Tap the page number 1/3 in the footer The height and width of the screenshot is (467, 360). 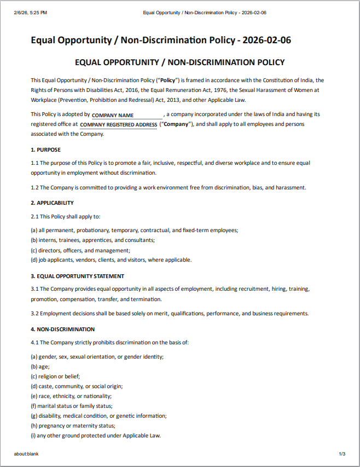[342, 454]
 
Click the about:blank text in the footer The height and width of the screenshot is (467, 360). [26, 454]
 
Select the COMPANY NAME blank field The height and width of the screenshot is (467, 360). [127, 115]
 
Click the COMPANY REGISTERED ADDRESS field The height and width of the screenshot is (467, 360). [118, 125]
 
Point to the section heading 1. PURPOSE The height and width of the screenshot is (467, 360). [45, 149]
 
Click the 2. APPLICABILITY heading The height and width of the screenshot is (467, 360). [52, 203]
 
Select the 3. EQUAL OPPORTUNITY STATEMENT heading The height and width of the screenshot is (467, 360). [77, 276]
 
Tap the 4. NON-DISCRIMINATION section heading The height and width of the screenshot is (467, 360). [62, 329]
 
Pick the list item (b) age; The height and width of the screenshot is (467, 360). [39, 366]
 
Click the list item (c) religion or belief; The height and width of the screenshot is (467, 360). [55, 376]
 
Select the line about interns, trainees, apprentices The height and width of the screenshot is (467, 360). [92, 240]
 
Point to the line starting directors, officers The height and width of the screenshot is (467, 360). [80, 250]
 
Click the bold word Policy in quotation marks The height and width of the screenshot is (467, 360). [167, 80]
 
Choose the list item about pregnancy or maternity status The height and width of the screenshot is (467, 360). [73, 425]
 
